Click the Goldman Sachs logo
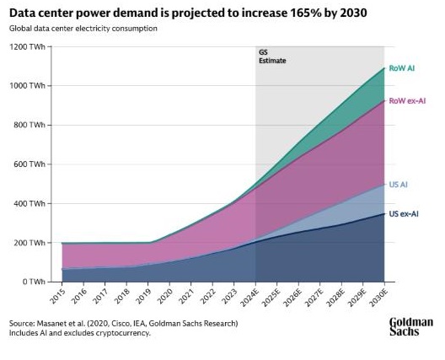click(410, 327)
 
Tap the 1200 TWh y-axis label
click(27, 46)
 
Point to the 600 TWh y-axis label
click(29, 164)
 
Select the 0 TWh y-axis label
click(34, 282)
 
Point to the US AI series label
click(399, 184)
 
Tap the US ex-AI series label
click(404, 214)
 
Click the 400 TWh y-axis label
click(29, 203)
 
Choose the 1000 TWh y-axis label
click(27, 86)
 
